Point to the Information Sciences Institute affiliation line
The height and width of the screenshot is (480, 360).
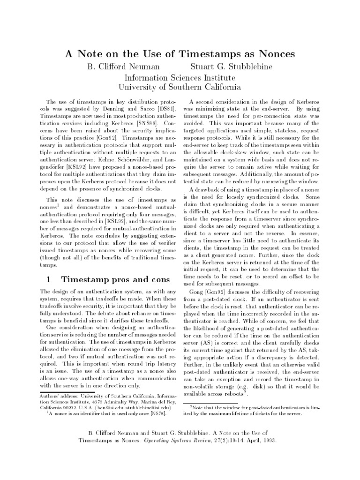coord(180,77)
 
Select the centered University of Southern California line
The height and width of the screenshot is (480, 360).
coord(180,87)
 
